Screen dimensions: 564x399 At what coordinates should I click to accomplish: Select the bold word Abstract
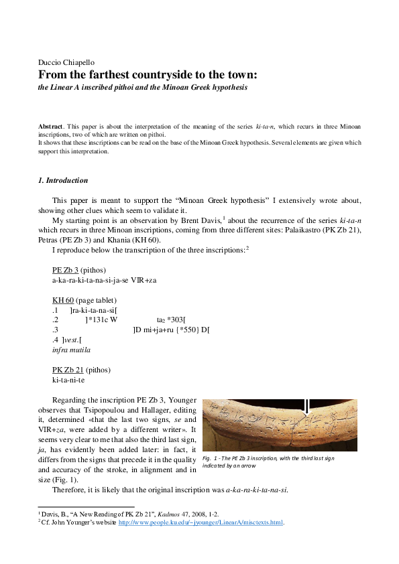tap(50, 126)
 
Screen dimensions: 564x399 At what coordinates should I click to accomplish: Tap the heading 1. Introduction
tap(63, 180)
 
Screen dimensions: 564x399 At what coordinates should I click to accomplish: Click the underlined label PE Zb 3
tap(65, 269)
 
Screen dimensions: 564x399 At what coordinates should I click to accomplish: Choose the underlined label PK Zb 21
tap(68, 370)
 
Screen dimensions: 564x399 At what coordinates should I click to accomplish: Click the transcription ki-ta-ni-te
tap(68, 380)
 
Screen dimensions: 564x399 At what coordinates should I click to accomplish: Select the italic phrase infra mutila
tap(71, 350)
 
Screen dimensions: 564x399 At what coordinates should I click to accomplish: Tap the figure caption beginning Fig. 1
tap(268, 461)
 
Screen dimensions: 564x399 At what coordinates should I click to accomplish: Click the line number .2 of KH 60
tap(55, 320)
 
